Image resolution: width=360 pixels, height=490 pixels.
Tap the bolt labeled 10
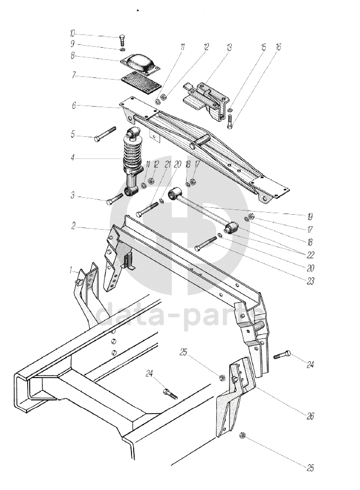(122, 39)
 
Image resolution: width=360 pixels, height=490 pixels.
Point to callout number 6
(74, 106)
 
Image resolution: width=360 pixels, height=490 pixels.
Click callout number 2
(74, 226)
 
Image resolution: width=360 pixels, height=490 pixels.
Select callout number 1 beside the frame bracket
(71, 270)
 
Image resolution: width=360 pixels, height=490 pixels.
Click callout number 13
(229, 47)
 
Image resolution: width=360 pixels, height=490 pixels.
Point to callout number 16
(278, 47)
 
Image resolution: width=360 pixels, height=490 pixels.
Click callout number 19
(309, 216)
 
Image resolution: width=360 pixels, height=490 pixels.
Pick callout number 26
(310, 416)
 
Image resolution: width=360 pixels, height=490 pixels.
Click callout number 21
(168, 164)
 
